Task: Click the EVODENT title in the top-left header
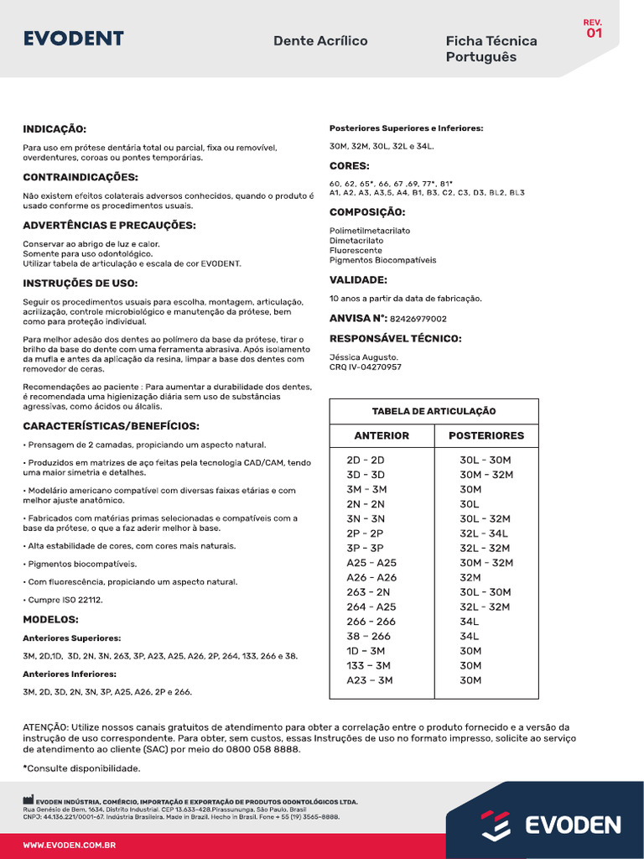74,39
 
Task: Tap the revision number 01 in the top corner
594,34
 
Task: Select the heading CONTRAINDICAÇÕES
80,177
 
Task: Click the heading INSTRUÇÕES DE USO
80,284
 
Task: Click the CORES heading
350,166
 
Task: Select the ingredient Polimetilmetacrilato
370,231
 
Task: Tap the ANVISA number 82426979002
418,319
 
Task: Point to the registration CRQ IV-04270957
366,367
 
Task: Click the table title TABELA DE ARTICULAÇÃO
434,411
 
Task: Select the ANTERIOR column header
382,435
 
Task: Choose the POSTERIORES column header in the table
486,435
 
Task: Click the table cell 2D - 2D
366,460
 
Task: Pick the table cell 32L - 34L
484,534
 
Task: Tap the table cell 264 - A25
371,607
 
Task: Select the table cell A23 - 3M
370,680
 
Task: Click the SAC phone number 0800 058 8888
260,749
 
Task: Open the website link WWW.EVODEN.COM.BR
69,846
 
